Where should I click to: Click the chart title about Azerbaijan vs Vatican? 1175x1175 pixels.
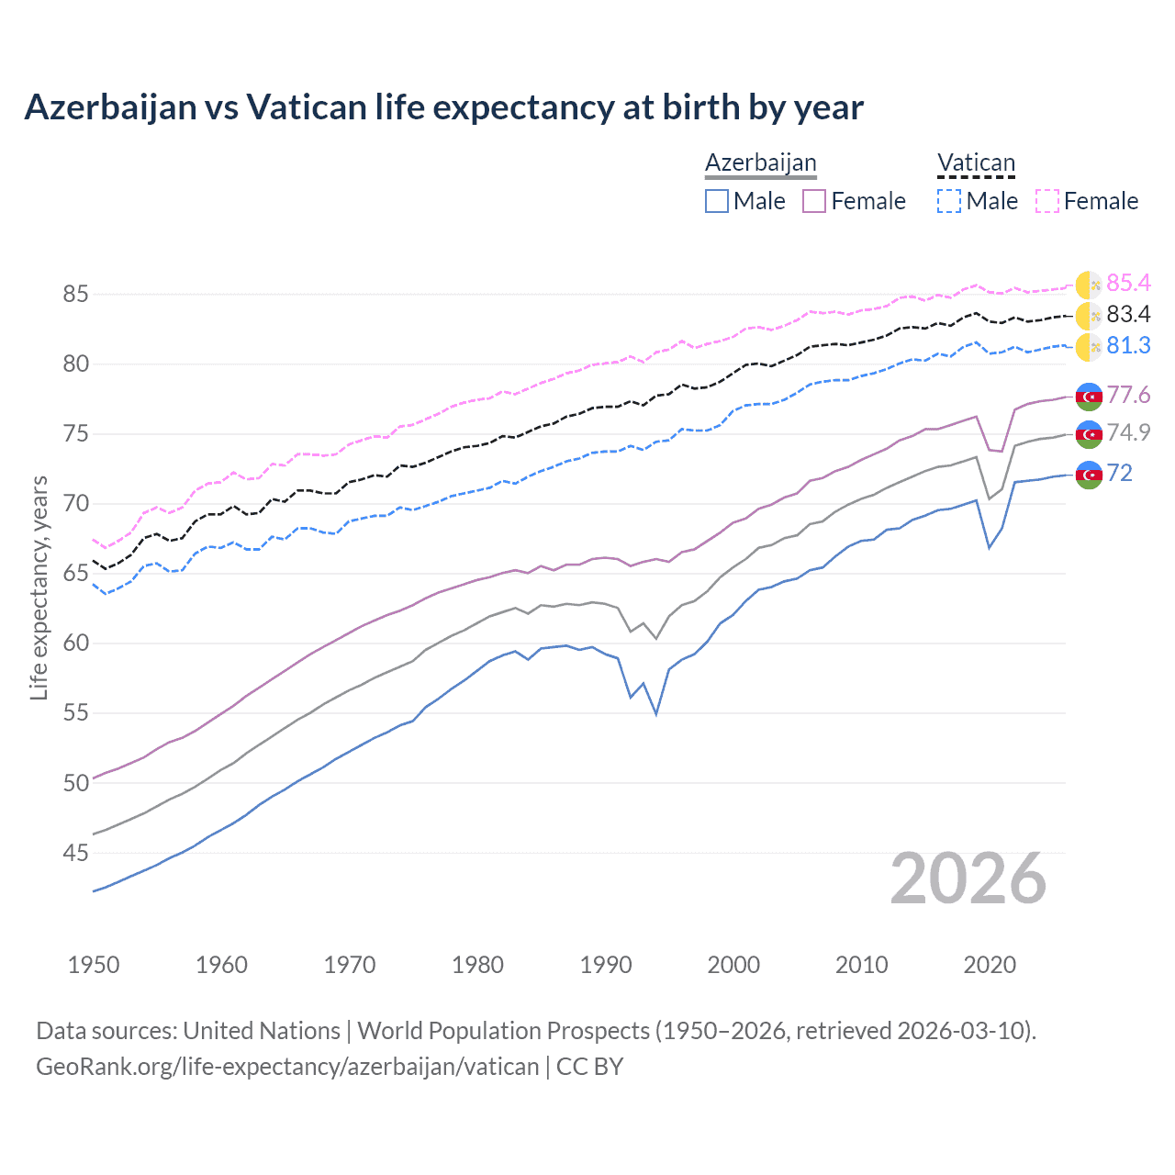(x=443, y=107)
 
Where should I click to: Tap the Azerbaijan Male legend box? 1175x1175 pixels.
(x=717, y=201)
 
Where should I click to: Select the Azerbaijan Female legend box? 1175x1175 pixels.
(x=814, y=201)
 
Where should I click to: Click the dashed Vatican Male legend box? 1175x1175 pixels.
(x=949, y=201)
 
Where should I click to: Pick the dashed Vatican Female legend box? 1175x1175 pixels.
(x=1046, y=201)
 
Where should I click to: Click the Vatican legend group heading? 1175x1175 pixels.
(x=976, y=163)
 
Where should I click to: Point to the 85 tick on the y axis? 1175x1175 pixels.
(x=75, y=295)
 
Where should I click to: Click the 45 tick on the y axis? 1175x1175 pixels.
(x=75, y=854)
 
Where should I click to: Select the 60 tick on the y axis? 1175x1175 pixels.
(x=75, y=643)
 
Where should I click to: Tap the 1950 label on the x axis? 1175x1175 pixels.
(x=94, y=965)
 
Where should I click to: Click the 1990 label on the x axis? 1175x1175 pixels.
(x=606, y=965)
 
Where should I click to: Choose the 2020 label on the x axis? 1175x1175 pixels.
(x=990, y=965)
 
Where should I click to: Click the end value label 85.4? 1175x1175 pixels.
(x=1128, y=283)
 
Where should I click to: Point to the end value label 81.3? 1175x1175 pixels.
(x=1128, y=345)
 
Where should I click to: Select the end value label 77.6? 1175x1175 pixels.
(x=1128, y=395)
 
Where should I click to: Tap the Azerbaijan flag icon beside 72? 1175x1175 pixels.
(x=1089, y=475)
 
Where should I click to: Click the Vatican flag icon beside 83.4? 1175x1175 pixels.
(x=1089, y=316)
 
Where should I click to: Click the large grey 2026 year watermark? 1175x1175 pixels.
(x=968, y=878)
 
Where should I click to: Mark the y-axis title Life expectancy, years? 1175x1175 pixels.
(x=39, y=587)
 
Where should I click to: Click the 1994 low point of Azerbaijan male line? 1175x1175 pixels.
(x=656, y=713)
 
